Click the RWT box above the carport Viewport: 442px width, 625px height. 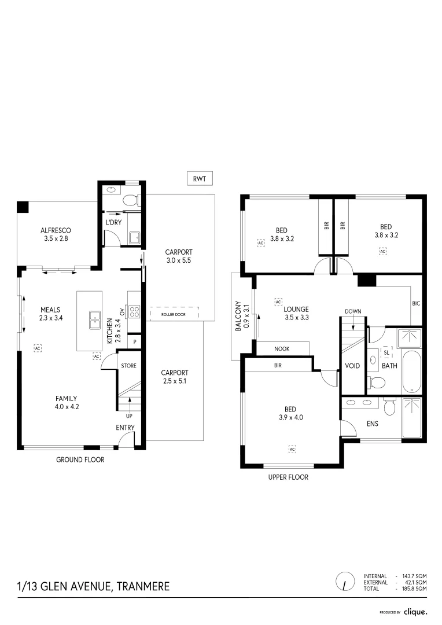[200, 179]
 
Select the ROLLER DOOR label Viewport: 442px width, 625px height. [174, 314]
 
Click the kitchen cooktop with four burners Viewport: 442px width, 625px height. [134, 312]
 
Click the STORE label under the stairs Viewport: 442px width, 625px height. [128, 365]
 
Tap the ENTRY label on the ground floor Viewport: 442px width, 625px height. [125, 428]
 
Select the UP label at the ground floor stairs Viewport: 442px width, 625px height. [130, 416]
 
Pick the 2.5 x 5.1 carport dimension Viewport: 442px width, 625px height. [174, 381]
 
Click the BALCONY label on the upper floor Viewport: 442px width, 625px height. [238, 318]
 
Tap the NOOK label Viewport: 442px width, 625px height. [282, 348]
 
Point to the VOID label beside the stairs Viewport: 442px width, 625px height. [352, 366]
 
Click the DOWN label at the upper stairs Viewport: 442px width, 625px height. [353, 311]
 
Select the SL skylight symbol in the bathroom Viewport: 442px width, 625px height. [386, 352]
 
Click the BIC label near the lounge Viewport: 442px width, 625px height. [416, 303]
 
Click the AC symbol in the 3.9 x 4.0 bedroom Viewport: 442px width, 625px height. [292, 449]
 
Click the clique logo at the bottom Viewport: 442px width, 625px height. [415, 611]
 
